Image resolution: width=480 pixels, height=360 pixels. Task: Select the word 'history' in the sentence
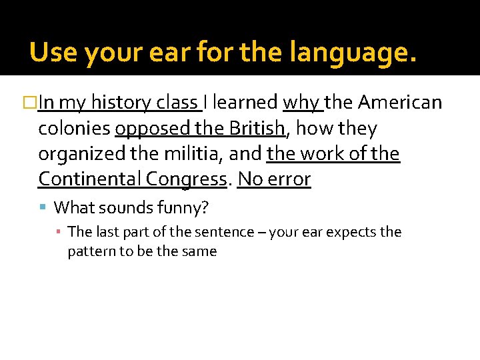[120, 103]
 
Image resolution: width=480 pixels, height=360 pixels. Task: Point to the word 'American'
[400, 103]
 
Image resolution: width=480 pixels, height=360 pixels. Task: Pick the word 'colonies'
[74, 128]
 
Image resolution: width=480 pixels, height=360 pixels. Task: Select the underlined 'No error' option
[274, 179]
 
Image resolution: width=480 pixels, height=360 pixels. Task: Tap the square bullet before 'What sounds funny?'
[44, 207]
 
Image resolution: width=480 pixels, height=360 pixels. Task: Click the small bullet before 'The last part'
[60, 232]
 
